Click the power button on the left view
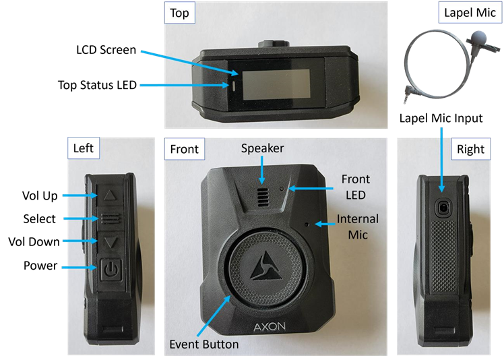[111, 269]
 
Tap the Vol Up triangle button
[110, 195]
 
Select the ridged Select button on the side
[110, 218]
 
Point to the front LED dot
[282, 189]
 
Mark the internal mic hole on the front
[307, 224]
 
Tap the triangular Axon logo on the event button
[266, 266]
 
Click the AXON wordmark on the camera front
[270, 327]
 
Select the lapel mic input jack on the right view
[443, 208]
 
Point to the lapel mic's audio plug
[408, 94]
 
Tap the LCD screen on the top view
[276, 85]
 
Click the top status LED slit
[234, 86]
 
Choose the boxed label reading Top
[180, 13]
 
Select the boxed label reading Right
[471, 149]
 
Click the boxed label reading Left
[84, 148]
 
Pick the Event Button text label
[204, 344]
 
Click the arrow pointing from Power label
[79, 267]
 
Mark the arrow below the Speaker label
[262, 170]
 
